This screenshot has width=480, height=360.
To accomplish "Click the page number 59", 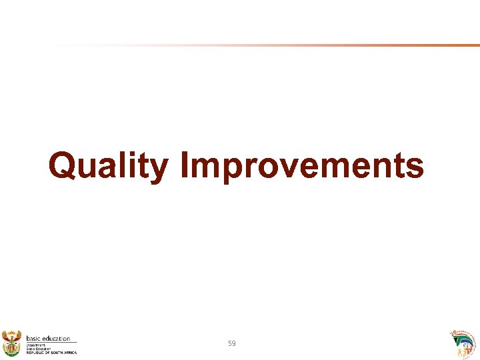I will click(x=232, y=343).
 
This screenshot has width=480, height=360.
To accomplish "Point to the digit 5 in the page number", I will click(x=230, y=343).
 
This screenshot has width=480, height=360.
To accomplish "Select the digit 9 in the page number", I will click(x=234, y=343).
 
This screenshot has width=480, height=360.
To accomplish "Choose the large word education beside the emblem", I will click(x=55, y=339).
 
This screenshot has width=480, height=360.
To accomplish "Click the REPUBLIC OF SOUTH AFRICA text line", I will click(x=51, y=353).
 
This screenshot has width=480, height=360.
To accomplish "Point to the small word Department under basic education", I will click(x=35, y=345).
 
